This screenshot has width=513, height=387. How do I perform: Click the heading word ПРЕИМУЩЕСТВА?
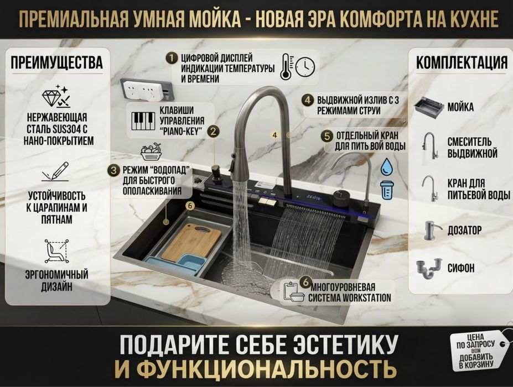(57, 62)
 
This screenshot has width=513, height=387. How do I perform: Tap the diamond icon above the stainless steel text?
(56, 96)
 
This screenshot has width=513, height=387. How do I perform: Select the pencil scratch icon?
(56, 172)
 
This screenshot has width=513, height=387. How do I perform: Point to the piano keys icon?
(143, 121)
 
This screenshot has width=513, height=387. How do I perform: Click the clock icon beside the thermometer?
(305, 67)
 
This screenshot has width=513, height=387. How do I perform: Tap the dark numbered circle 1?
(171, 59)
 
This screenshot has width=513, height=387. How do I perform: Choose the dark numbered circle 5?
(328, 136)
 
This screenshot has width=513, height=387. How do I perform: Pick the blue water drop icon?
(386, 166)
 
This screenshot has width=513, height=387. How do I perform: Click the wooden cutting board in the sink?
(191, 241)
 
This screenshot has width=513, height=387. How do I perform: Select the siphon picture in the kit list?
(429, 269)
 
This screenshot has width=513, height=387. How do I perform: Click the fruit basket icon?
(151, 151)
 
